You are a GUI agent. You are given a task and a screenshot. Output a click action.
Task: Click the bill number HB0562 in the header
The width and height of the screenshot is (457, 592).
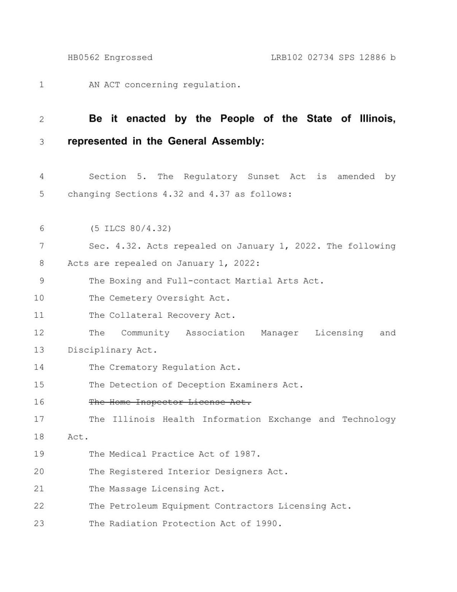tap(83, 58)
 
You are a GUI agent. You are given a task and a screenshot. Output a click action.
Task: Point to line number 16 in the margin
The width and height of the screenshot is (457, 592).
tap(39, 402)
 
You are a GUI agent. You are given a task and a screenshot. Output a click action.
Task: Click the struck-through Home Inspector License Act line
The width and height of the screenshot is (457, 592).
tap(170, 402)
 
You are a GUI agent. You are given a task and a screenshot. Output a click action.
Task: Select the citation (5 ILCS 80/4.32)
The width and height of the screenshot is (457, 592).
tap(131, 229)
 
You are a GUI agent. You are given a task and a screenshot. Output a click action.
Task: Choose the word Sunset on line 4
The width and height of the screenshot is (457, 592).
tap(264, 177)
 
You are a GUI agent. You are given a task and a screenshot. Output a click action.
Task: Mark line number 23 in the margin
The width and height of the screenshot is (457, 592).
tap(39, 523)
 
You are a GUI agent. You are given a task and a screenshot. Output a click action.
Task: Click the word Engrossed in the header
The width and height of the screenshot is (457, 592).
tap(128, 58)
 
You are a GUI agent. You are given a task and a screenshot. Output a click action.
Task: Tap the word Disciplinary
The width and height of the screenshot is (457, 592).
tap(99, 350)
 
